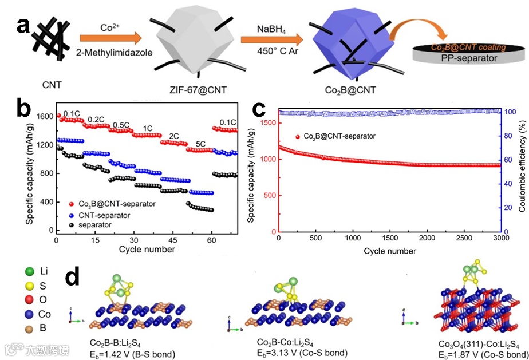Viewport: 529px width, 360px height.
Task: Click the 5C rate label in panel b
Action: click(x=200, y=143)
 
